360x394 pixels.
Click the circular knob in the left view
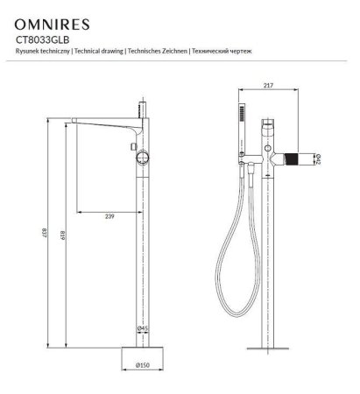pyautogui.click(x=143, y=159)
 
